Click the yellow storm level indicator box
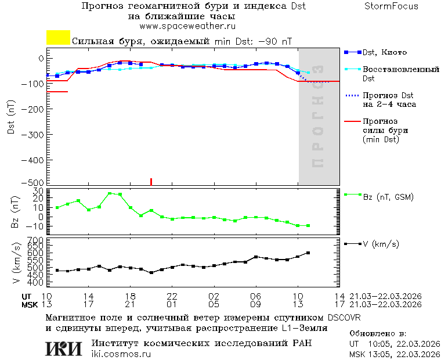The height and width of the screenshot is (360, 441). point(58,38)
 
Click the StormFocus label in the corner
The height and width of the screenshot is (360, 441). point(391,6)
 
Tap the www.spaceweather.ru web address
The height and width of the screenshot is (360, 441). point(187,26)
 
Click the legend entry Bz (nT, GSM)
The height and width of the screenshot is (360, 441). point(388,197)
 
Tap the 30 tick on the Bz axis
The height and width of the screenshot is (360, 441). point(39,191)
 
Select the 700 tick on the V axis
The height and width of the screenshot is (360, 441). point(37,240)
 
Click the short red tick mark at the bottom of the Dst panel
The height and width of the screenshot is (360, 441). point(151,182)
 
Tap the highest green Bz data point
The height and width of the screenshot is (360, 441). point(110,193)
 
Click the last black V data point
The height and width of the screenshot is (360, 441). point(308,253)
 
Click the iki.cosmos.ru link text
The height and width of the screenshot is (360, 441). point(121,354)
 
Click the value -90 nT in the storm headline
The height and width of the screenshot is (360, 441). point(274,42)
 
